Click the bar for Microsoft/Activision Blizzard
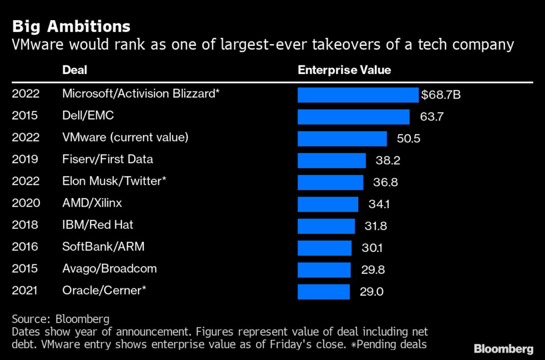click(358, 95)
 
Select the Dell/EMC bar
click(353, 117)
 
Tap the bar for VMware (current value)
click(342, 138)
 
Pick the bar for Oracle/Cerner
click(324, 291)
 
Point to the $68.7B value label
click(441, 95)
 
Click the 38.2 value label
click(384, 160)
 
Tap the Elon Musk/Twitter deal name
click(114, 181)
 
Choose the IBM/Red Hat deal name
click(97, 225)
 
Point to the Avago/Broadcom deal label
click(109, 268)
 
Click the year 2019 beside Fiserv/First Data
click(26, 159)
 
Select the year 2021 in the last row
click(26, 290)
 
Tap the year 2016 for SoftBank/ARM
click(26, 247)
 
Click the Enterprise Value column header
click(344, 70)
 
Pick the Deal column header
click(75, 70)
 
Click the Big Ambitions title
click(71, 26)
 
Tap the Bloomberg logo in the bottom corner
click(503, 349)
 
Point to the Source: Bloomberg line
click(60, 320)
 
